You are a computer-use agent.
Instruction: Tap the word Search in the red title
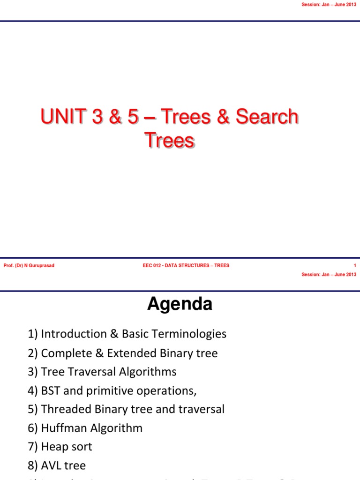267,117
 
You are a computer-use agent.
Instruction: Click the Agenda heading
180,305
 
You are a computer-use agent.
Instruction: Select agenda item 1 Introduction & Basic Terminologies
127,334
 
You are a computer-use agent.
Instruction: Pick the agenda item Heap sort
60,447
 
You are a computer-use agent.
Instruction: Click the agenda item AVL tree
57,465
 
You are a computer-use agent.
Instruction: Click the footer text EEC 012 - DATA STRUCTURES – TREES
186,266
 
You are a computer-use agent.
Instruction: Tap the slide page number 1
355,266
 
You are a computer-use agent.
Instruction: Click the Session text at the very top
329,4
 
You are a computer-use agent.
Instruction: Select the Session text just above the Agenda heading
329,274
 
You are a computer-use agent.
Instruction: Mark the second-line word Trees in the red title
169,140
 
